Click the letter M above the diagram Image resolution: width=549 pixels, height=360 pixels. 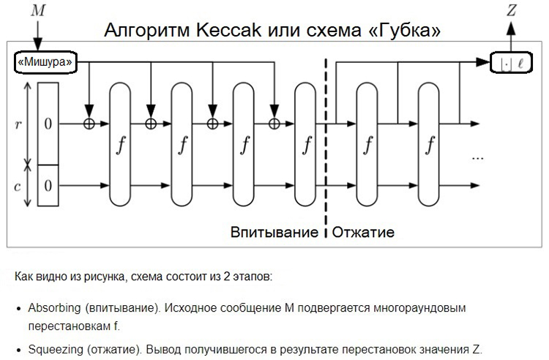(x=37, y=11)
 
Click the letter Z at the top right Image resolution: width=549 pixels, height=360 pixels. (x=512, y=11)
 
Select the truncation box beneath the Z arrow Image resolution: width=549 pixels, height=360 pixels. (x=512, y=64)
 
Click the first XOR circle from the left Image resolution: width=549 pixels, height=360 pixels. (x=89, y=124)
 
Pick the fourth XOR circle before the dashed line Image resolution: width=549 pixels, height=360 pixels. (x=274, y=124)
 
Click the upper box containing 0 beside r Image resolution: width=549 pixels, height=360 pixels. (x=48, y=124)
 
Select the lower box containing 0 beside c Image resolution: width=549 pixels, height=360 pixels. (x=48, y=185)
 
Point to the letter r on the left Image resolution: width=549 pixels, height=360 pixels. (x=18, y=123)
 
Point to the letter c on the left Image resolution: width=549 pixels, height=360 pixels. (x=18, y=185)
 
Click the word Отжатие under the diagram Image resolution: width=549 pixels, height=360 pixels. (x=364, y=233)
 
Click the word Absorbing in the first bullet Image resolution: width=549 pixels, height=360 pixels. (x=53, y=307)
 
